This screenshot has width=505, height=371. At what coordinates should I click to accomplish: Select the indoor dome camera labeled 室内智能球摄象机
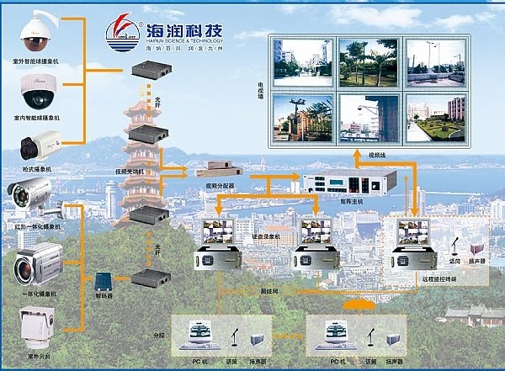click(37, 91)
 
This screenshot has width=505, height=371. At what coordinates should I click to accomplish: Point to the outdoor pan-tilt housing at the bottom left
click(38, 323)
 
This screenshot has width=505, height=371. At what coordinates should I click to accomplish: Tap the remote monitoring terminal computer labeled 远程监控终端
click(416, 239)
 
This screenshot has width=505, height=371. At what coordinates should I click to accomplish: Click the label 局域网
click(293, 289)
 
